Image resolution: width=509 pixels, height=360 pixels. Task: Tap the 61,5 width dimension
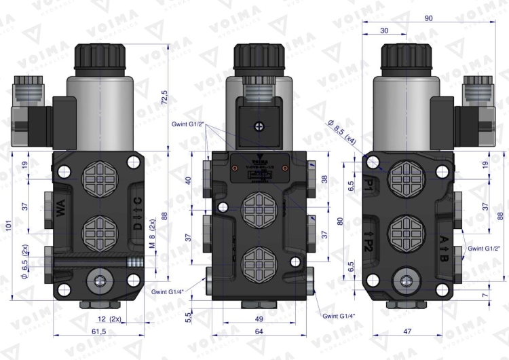coord(99,331)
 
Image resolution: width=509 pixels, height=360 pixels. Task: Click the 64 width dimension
coord(259,331)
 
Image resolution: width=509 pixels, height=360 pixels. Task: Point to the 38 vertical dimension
coord(324,180)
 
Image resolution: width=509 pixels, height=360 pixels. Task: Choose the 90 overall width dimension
coord(428,18)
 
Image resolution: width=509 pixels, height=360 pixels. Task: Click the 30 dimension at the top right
coord(384,31)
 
